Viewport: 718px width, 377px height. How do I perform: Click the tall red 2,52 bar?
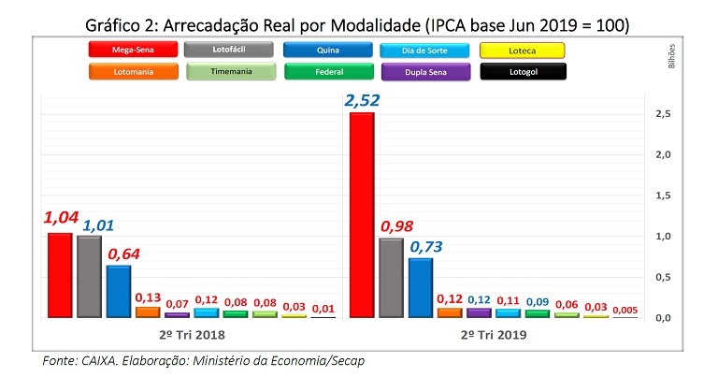click(361, 214)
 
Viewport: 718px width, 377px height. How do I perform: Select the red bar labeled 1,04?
click(60, 275)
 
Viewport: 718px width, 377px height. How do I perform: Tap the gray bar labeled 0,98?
click(390, 278)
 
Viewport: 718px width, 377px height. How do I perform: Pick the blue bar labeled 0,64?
click(118, 291)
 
